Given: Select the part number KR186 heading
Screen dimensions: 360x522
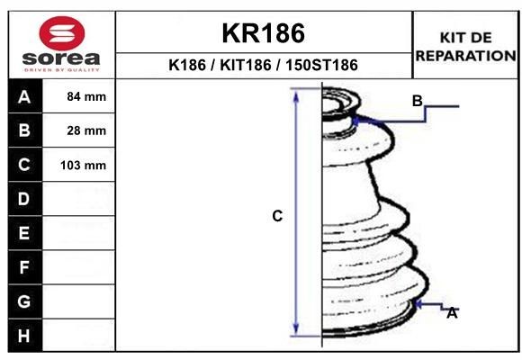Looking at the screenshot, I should click(264, 33).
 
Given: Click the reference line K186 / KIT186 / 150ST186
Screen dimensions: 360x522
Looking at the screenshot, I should click(264, 66).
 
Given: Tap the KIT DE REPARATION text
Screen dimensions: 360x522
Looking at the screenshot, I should click(465, 46).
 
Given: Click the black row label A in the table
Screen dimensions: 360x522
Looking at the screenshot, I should click(24, 96).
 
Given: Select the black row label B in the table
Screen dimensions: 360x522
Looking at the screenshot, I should click(24, 130).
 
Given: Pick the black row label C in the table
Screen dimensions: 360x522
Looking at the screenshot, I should click(24, 165).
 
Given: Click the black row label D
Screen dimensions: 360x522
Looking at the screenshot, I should click(24, 198).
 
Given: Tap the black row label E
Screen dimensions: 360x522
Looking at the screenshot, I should click(24, 233).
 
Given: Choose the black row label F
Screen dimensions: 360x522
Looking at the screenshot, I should click(24, 267).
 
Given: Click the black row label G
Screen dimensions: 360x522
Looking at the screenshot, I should click(24, 301).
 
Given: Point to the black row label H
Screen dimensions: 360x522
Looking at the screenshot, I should click(24, 336).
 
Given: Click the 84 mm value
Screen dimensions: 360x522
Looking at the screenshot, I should click(86, 96).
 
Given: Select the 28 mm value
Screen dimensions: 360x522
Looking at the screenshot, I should click(86, 130).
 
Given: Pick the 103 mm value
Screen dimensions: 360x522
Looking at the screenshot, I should click(84, 166).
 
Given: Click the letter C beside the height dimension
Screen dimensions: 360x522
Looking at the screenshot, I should click(277, 216).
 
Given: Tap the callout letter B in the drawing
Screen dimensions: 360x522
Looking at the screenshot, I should click(417, 100).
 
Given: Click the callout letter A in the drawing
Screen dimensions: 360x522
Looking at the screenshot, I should click(452, 313).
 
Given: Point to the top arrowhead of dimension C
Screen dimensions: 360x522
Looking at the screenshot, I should click(297, 93).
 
